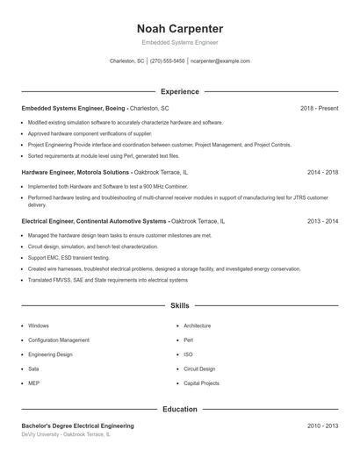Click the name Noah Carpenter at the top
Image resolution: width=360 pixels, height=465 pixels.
pos(180,28)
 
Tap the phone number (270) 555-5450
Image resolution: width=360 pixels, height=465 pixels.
pos(167,61)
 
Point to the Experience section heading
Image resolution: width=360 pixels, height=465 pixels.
pos(180,91)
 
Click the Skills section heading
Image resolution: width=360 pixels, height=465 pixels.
pos(180,305)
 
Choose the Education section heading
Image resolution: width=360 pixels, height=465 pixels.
pos(180,409)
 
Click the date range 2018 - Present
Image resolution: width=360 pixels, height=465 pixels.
pos(319,108)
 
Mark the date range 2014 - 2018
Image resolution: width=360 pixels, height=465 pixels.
pos(322,173)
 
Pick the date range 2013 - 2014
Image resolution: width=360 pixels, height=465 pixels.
pos(322,222)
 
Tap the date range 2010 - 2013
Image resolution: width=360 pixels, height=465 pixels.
pos(322,426)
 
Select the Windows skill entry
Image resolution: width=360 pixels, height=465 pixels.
pos(39,325)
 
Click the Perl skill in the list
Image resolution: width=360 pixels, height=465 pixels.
pos(189,340)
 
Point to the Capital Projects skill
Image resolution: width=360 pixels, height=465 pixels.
pos(201,383)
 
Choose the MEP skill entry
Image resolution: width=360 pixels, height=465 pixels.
pos(33,383)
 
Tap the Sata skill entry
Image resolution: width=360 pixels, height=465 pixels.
pos(33,368)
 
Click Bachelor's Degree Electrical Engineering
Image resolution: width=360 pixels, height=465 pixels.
pos(78,426)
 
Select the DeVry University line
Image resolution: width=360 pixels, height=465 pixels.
pos(66,434)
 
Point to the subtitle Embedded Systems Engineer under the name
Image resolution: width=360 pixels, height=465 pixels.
pos(180,42)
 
